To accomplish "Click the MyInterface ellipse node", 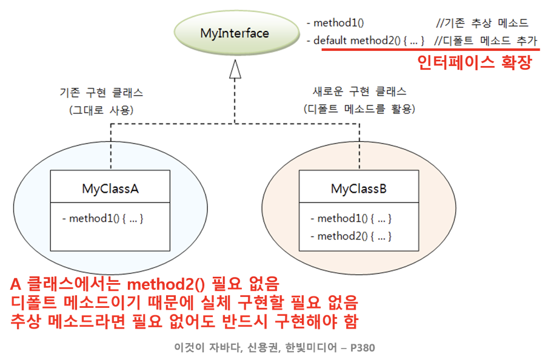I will [234, 33].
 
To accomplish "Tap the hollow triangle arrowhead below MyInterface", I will [235, 70].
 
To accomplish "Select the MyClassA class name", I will [110, 188].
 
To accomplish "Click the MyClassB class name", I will [359, 188].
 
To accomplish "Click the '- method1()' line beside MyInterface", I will [335, 24].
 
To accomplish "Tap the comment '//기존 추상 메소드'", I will [482, 24].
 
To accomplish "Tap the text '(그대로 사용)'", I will [101, 110].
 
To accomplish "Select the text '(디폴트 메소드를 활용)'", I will [359, 109].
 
